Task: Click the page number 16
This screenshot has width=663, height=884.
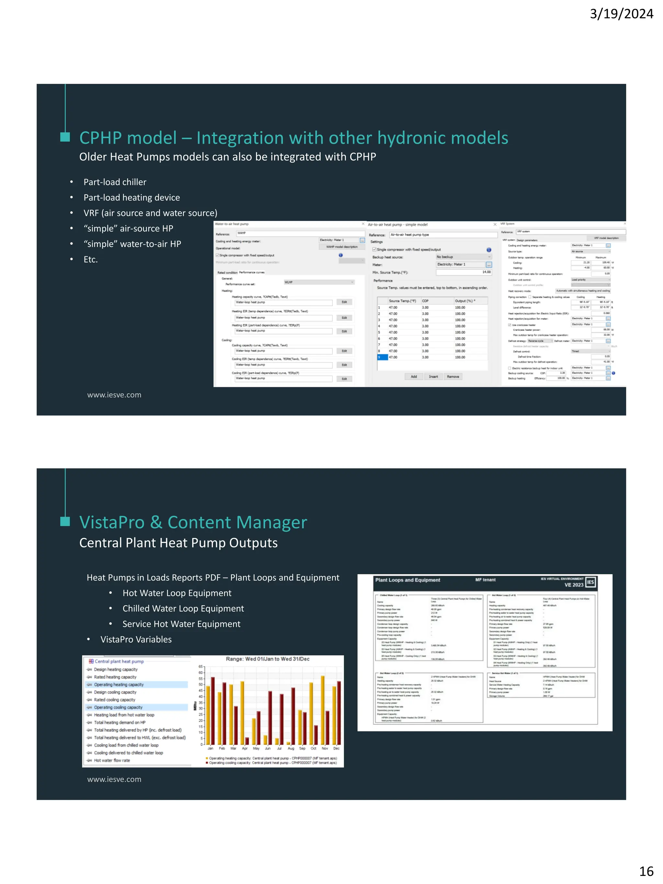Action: click(646, 871)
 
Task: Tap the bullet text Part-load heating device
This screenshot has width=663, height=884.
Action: click(131, 198)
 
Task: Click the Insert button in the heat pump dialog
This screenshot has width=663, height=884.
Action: click(433, 376)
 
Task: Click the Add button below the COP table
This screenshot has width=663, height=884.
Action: click(414, 376)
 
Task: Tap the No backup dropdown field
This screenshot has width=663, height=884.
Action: click(463, 257)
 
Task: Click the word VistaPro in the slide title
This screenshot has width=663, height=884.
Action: click(112, 522)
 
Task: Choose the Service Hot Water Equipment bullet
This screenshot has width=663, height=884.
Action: click(181, 624)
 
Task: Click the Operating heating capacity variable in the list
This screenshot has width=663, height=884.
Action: click(119, 685)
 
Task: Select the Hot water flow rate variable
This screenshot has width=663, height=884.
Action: click(112, 760)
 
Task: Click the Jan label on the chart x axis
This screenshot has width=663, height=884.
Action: click(210, 748)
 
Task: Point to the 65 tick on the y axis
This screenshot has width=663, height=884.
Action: click(201, 666)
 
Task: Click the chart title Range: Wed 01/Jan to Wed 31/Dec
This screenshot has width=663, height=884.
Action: click(267, 659)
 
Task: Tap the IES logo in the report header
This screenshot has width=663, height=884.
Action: click(590, 582)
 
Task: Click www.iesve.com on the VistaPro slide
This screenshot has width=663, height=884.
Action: click(114, 779)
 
